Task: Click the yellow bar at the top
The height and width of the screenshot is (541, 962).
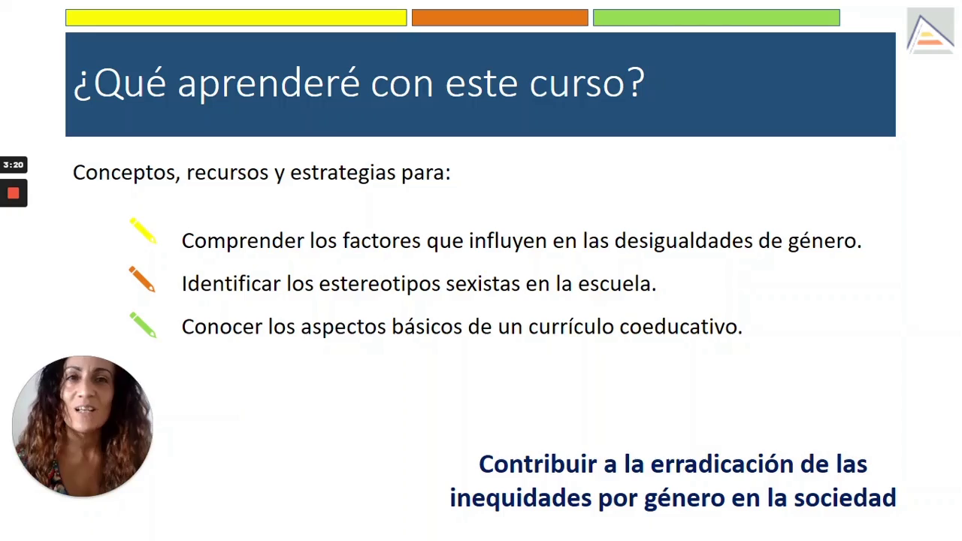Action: (x=236, y=17)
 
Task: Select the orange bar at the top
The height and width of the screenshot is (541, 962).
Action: (x=500, y=17)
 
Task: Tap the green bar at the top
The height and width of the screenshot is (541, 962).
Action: (x=716, y=17)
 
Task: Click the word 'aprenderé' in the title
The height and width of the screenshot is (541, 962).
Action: (x=268, y=83)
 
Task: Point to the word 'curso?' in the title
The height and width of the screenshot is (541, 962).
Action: (x=587, y=83)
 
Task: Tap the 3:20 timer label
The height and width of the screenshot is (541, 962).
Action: (x=14, y=165)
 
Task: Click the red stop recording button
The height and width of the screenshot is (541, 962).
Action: (x=14, y=193)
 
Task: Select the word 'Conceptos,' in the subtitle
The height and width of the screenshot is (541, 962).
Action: (x=126, y=173)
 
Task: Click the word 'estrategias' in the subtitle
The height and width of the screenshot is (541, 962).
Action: (x=343, y=173)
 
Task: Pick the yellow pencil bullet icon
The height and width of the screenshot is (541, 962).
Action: (x=144, y=231)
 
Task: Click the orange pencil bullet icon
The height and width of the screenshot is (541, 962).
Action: (x=142, y=279)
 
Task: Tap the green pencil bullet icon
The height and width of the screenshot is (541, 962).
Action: (x=144, y=325)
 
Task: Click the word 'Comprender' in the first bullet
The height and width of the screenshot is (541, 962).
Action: (x=243, y=241)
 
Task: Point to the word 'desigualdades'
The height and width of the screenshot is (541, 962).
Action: (x=683, y=240)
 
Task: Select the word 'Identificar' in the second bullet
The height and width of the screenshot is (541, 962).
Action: (x=231, y=283)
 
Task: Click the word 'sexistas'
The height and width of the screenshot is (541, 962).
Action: (x=483, y=283)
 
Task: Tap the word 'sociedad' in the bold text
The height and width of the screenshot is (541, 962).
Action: (x=845, y=498)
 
